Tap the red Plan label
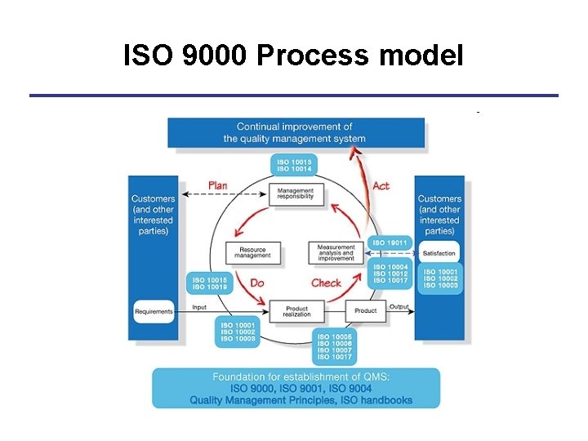pyautogui.click(x=217, y=185)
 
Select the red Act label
pyautogui.click(x=381, y=185)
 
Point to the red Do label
pyautogui.click(x=256, y=283)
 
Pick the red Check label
pyautogui.click(x=326, y=283)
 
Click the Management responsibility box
pyautogui.click(x=296, y=194)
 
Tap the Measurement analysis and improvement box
pyautogui.click(x=336, y=253)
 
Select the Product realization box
pyautogui.click(x=296, y=310)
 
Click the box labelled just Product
pyautogui.click(x=365, y=310)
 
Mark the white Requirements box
pyautogui.click(x=154, y=311)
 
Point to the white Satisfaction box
pyautogui.click(x=439, y=253)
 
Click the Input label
pyautogui.click(x=199, y=307)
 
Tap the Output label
pyautogui.click(x=399, y=307)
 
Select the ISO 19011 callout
pyautogui.click(x=390, y=243)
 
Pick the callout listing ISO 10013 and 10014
pyautogui.click(x=294, y=166)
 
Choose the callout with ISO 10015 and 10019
pyautogui.click(x=211, y=283)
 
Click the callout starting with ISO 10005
pyautogui.click(x=335, y=347)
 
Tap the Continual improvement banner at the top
pyautogui.click(x=296, y=132)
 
